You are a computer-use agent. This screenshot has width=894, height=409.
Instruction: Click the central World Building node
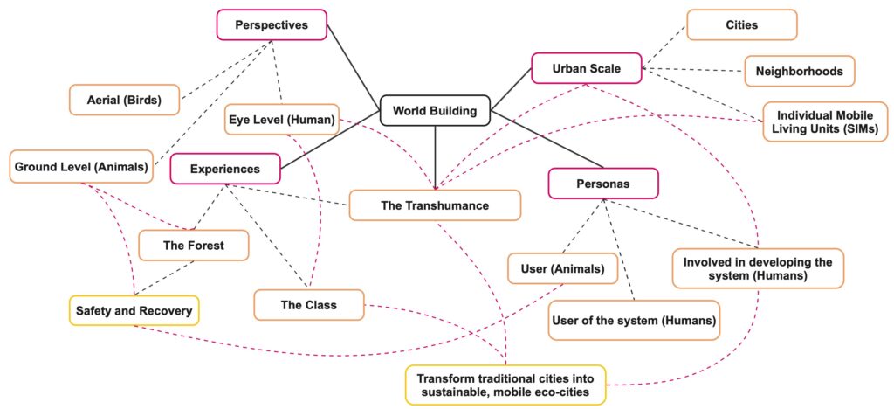[434, 111]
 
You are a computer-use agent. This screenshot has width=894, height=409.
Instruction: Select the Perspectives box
[272, 24]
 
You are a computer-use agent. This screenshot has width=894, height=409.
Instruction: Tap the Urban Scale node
[586, 68]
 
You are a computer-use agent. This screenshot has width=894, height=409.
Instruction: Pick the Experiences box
[226, 169]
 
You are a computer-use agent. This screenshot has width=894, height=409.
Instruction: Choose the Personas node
[602, 184]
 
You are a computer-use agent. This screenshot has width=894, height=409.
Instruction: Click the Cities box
[741, 24]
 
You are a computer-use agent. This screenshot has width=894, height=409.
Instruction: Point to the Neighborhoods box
[799, 71]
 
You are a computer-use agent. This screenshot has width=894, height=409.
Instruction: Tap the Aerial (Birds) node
[124, 100]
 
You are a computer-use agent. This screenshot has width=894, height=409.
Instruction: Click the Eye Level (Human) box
[282, 120]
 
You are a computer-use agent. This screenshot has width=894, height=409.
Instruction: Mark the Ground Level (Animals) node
[81, 166]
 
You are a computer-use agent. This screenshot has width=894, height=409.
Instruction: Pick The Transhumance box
[435, 205]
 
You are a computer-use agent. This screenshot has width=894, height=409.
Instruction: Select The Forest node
[194, 246]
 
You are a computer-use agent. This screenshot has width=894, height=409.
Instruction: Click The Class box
[308, 305]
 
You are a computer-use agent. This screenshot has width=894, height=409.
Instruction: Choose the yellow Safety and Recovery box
[134, 309]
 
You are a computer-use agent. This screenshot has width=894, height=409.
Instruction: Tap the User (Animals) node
[562, 268]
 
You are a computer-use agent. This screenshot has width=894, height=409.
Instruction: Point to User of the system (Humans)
[634, 320]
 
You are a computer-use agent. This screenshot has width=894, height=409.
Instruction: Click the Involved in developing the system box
[758, 268]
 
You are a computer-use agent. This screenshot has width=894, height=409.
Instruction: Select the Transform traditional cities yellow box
[505, 385]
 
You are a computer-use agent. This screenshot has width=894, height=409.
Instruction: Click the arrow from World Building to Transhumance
[434, 157]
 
